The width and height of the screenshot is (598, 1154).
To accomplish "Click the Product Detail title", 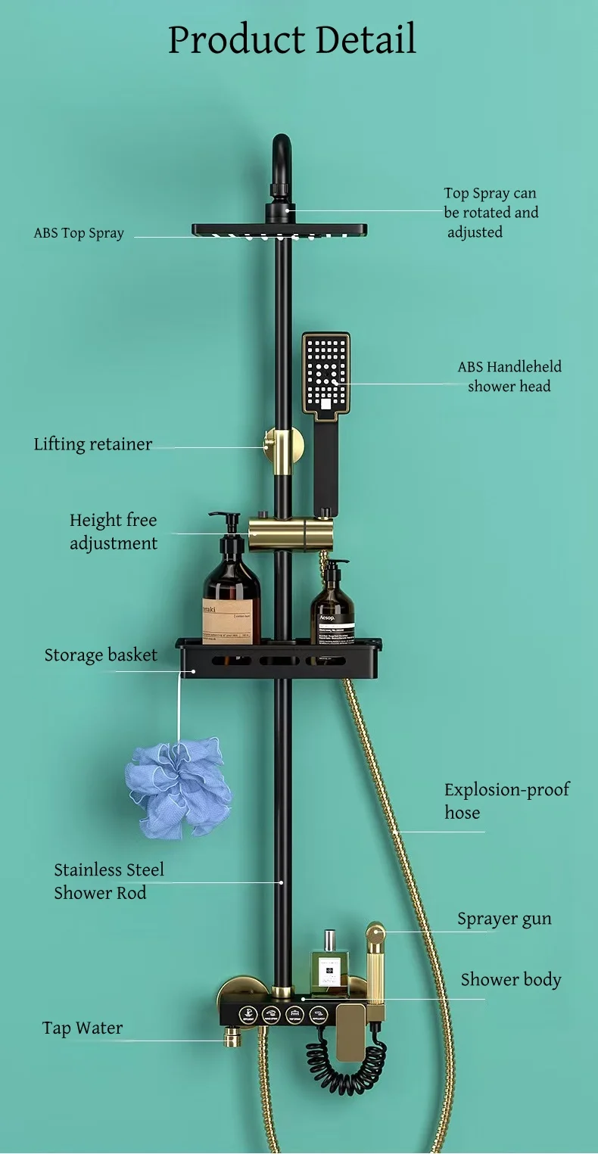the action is (291, 39).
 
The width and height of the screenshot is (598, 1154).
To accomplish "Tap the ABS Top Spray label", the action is (79, 233).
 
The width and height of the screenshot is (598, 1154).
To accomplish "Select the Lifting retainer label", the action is (92, 444).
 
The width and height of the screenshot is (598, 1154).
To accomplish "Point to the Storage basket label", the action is (101, 655).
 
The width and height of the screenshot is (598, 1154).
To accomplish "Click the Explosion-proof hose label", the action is (506, 801).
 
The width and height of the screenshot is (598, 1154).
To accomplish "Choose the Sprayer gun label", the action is (504, 919).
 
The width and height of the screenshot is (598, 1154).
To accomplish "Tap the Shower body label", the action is (511, 980).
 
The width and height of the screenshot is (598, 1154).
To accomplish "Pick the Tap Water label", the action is (82, 1028).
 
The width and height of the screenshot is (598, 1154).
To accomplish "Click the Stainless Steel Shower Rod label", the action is (109, 882).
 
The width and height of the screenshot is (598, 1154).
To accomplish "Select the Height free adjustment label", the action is (114, 531).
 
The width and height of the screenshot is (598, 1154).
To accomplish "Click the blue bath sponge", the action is (179, 789).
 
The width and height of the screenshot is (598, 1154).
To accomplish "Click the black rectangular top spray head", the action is (279, 229).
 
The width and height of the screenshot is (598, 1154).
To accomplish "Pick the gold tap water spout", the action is (229, 1037).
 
